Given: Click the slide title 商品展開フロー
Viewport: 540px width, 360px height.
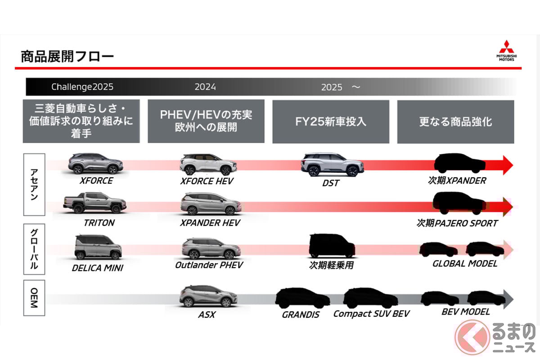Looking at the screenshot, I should [67, 57].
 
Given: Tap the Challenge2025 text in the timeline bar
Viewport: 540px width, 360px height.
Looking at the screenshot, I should [82, 87].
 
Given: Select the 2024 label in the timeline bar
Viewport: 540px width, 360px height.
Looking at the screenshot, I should [205, 87].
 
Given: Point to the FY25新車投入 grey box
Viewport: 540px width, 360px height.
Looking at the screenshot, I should [331, 121].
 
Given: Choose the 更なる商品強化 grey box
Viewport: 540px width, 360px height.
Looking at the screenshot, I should [455, 121].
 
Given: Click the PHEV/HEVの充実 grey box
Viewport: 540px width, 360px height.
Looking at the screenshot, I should [206, 121].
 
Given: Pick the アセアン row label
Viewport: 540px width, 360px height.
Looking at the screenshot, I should [34, 184].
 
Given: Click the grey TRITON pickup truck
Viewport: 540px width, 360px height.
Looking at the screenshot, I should [94, 202].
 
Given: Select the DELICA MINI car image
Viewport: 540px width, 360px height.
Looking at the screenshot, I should [98, 247].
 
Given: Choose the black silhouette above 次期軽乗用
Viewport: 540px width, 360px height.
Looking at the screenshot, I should [332, 246].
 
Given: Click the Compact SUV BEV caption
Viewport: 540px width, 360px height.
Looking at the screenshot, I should [371, 314].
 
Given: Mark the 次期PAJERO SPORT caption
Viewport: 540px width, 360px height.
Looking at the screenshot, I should [457, 223].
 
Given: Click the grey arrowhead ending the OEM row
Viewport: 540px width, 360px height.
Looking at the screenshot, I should [508, 298].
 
